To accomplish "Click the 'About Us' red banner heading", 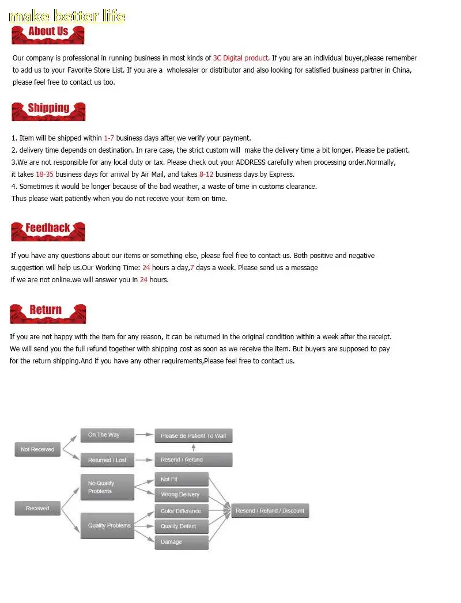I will (x=48, y=33).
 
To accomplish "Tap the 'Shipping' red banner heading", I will (x=48, y=110).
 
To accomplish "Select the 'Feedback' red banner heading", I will (x=48, y=230).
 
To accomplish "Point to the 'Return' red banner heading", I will (x=48, y=312).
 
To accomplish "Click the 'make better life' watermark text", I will (x=67, y=16).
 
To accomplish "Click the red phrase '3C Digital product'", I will (x=241, y=58).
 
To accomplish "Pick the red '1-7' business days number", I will (x=109, y=138).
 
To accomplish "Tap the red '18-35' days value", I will (x=44, y=175).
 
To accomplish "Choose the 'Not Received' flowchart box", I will (x=37, y=450).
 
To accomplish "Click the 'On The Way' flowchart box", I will (x=107, y=435).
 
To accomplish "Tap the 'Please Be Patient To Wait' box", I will (x=193, y=436).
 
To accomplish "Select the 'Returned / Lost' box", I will (x=107, y=460).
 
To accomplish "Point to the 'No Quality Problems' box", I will (x=107, y=487).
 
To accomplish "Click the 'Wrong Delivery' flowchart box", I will (x=181, y=495).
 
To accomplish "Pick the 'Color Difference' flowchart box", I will (x=181, y=511).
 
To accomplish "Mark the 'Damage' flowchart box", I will (x=181, y=542).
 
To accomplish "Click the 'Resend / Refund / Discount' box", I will (x=270, y=511).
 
